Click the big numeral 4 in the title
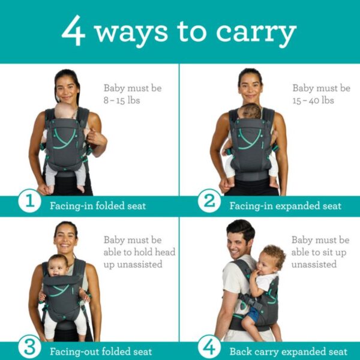[x=73, y=31]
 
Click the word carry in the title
[x=256, y=34]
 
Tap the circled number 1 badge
[x=29, y=201]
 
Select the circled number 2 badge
[x=209, y=201]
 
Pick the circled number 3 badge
[x=29, y=347]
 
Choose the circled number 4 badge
[x=209, y=347]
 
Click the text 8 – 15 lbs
[x=122, y=100]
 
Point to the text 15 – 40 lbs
[x=313, y=100]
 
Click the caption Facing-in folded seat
[x=98, y=206]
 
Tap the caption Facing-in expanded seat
[x=286, y=206]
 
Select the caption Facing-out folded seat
[x=101, y=352]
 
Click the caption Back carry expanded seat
[x=289, y=352]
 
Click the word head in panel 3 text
[x=165, y=252]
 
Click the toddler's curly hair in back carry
[x=274, y=254]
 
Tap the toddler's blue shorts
[x=253, y=314]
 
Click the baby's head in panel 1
[x=64, y=110]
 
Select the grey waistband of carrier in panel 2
[x=252, y=176]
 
